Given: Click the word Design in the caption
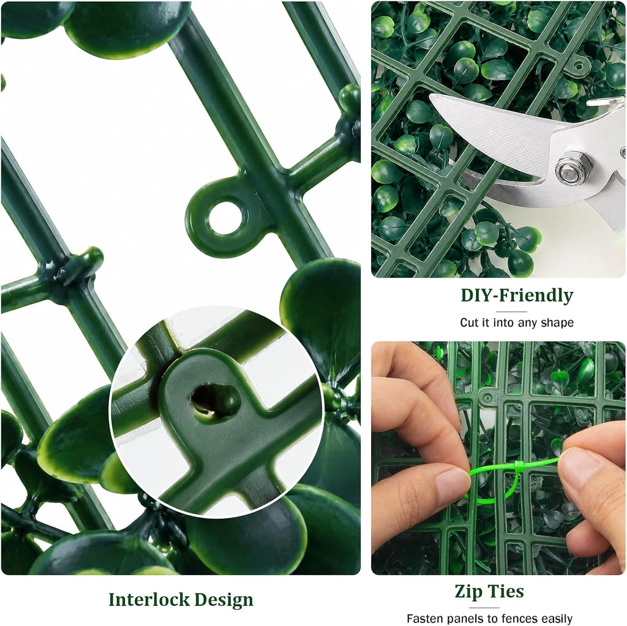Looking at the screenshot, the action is click(x=224, y=600).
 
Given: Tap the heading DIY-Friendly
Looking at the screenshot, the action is click(x=517, y=296).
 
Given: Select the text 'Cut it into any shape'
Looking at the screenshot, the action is click(x=517, y=322).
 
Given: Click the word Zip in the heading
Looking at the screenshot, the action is click(x=468, y=592).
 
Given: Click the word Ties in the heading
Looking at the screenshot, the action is click(x=505, y=591).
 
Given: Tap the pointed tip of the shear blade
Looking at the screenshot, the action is click(x=430, y=95).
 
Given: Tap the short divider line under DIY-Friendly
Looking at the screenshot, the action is click(x=511, y=312).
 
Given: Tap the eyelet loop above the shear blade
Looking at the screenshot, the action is click(x=579, y=65).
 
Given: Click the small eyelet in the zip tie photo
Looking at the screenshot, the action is click(x=487, y=398).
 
